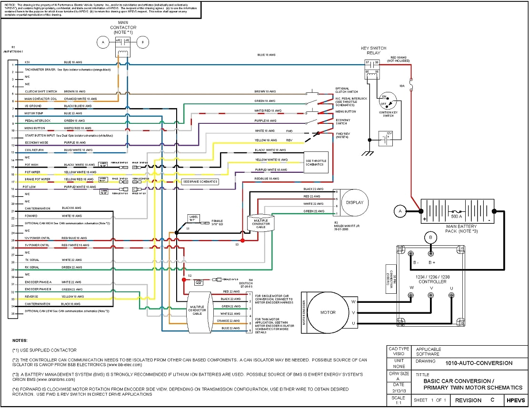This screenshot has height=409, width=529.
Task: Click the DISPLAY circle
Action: [354, 202]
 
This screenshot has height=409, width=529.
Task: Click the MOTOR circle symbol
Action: [328, 312]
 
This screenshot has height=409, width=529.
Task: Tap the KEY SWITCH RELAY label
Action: [374, 51]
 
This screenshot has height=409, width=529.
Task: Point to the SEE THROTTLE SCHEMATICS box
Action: [316, 163]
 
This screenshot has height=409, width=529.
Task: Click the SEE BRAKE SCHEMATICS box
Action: [200, 181]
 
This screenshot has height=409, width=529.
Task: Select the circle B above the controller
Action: [431, 237]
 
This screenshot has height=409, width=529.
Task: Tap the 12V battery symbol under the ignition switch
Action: [385, 139]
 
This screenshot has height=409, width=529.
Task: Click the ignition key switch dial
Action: [388, 101]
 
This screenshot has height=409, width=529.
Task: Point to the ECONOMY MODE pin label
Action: [37, 142]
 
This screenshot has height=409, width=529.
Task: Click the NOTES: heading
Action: [20, 340]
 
